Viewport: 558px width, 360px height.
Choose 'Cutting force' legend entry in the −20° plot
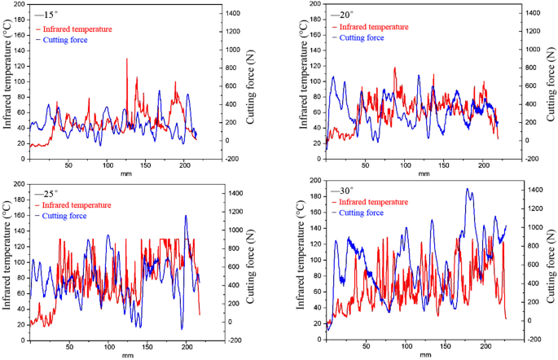(362, 37)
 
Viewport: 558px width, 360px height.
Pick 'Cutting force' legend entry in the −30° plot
(362, 213)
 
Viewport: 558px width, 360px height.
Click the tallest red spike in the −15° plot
(126, 59)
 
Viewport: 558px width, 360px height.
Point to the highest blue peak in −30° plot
(468, 190)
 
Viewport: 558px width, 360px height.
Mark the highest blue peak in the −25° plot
(186, 216)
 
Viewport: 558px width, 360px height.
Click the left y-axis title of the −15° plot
(7, 81)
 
